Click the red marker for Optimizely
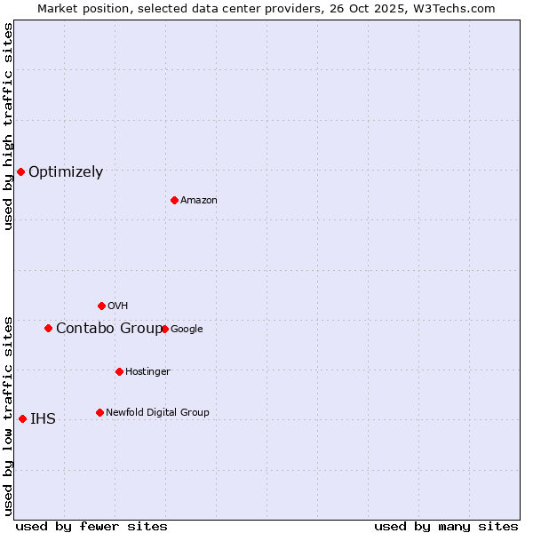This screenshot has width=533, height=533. coord(20,171)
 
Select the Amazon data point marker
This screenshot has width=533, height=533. coord(174,200)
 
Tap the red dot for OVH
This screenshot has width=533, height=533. coord(101,306)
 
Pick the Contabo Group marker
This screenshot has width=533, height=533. coord(48,328)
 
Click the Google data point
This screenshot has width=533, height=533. coord(164,329)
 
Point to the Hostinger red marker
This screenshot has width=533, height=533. coord(119,371)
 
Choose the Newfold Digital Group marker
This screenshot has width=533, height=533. coord(99,412)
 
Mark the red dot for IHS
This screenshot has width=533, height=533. coord(22,418)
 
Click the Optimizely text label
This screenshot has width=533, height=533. coord(66,172)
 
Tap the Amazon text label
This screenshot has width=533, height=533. coord(199,201)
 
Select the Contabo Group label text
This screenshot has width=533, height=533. coord(108,329)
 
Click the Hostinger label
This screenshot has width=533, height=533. coord(147,372)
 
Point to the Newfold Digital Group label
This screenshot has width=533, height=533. coord(157,412)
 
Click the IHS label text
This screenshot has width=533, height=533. coord(43,419)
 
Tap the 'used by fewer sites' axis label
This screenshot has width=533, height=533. coord(91,526)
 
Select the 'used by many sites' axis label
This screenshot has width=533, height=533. coord(446,526)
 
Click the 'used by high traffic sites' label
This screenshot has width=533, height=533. coord(8,126)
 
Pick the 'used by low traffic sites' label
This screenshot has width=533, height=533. coord(8,416)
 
